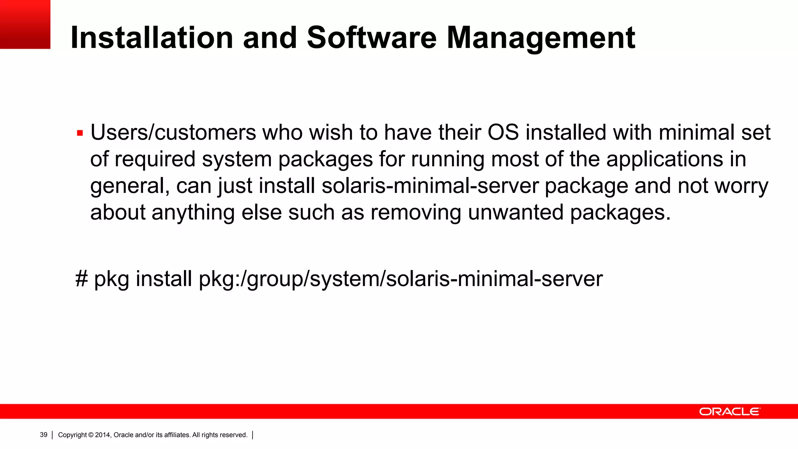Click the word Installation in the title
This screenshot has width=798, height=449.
[152, 38]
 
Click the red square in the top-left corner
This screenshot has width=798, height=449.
[25, 24]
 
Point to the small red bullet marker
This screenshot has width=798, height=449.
[80, 133]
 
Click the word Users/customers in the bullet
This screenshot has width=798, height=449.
[173, 133]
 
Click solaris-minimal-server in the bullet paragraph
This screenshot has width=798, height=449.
[430, 186]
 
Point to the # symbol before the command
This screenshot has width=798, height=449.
[81, 279]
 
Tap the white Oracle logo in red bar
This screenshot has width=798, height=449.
[729, 412]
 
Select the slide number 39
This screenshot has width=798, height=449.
[44, 435]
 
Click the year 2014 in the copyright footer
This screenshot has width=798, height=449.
[103, 435]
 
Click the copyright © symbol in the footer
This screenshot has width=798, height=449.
[91, 435]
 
